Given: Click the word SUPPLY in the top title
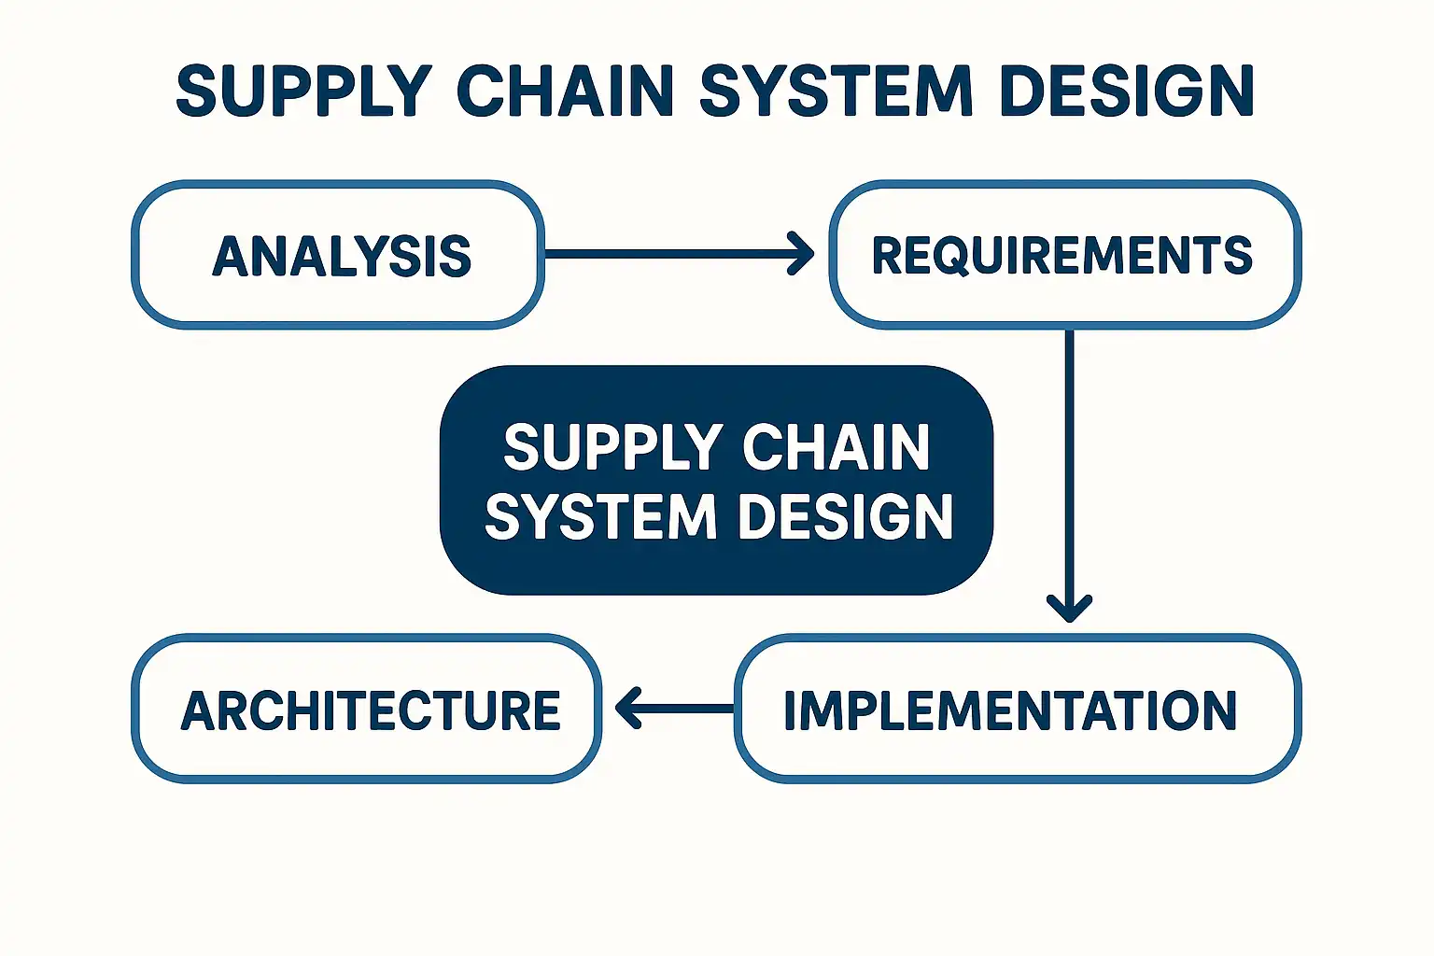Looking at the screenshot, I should [x=303, y=91].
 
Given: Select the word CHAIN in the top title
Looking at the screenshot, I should [x=565, y=91].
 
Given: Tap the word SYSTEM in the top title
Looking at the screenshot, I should [x=836, y=91].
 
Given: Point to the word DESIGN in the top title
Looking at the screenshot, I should [x=1125, y=91].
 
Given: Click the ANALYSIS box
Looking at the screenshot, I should [x=338, y=255].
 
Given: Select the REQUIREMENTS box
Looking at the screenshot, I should [x=1064, y=255].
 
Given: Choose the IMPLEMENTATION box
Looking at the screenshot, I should [x=1017, y=710].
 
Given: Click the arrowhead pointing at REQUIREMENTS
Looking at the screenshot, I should [x=802, y=253].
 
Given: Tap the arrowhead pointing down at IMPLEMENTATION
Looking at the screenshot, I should [x=1069, y=607].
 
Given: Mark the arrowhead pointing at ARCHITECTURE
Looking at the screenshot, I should [x=628, y=709].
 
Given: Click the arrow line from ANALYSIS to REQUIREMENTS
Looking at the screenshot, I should [x=668, y=253].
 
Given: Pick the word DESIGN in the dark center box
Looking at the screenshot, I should [x=846, y=517].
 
